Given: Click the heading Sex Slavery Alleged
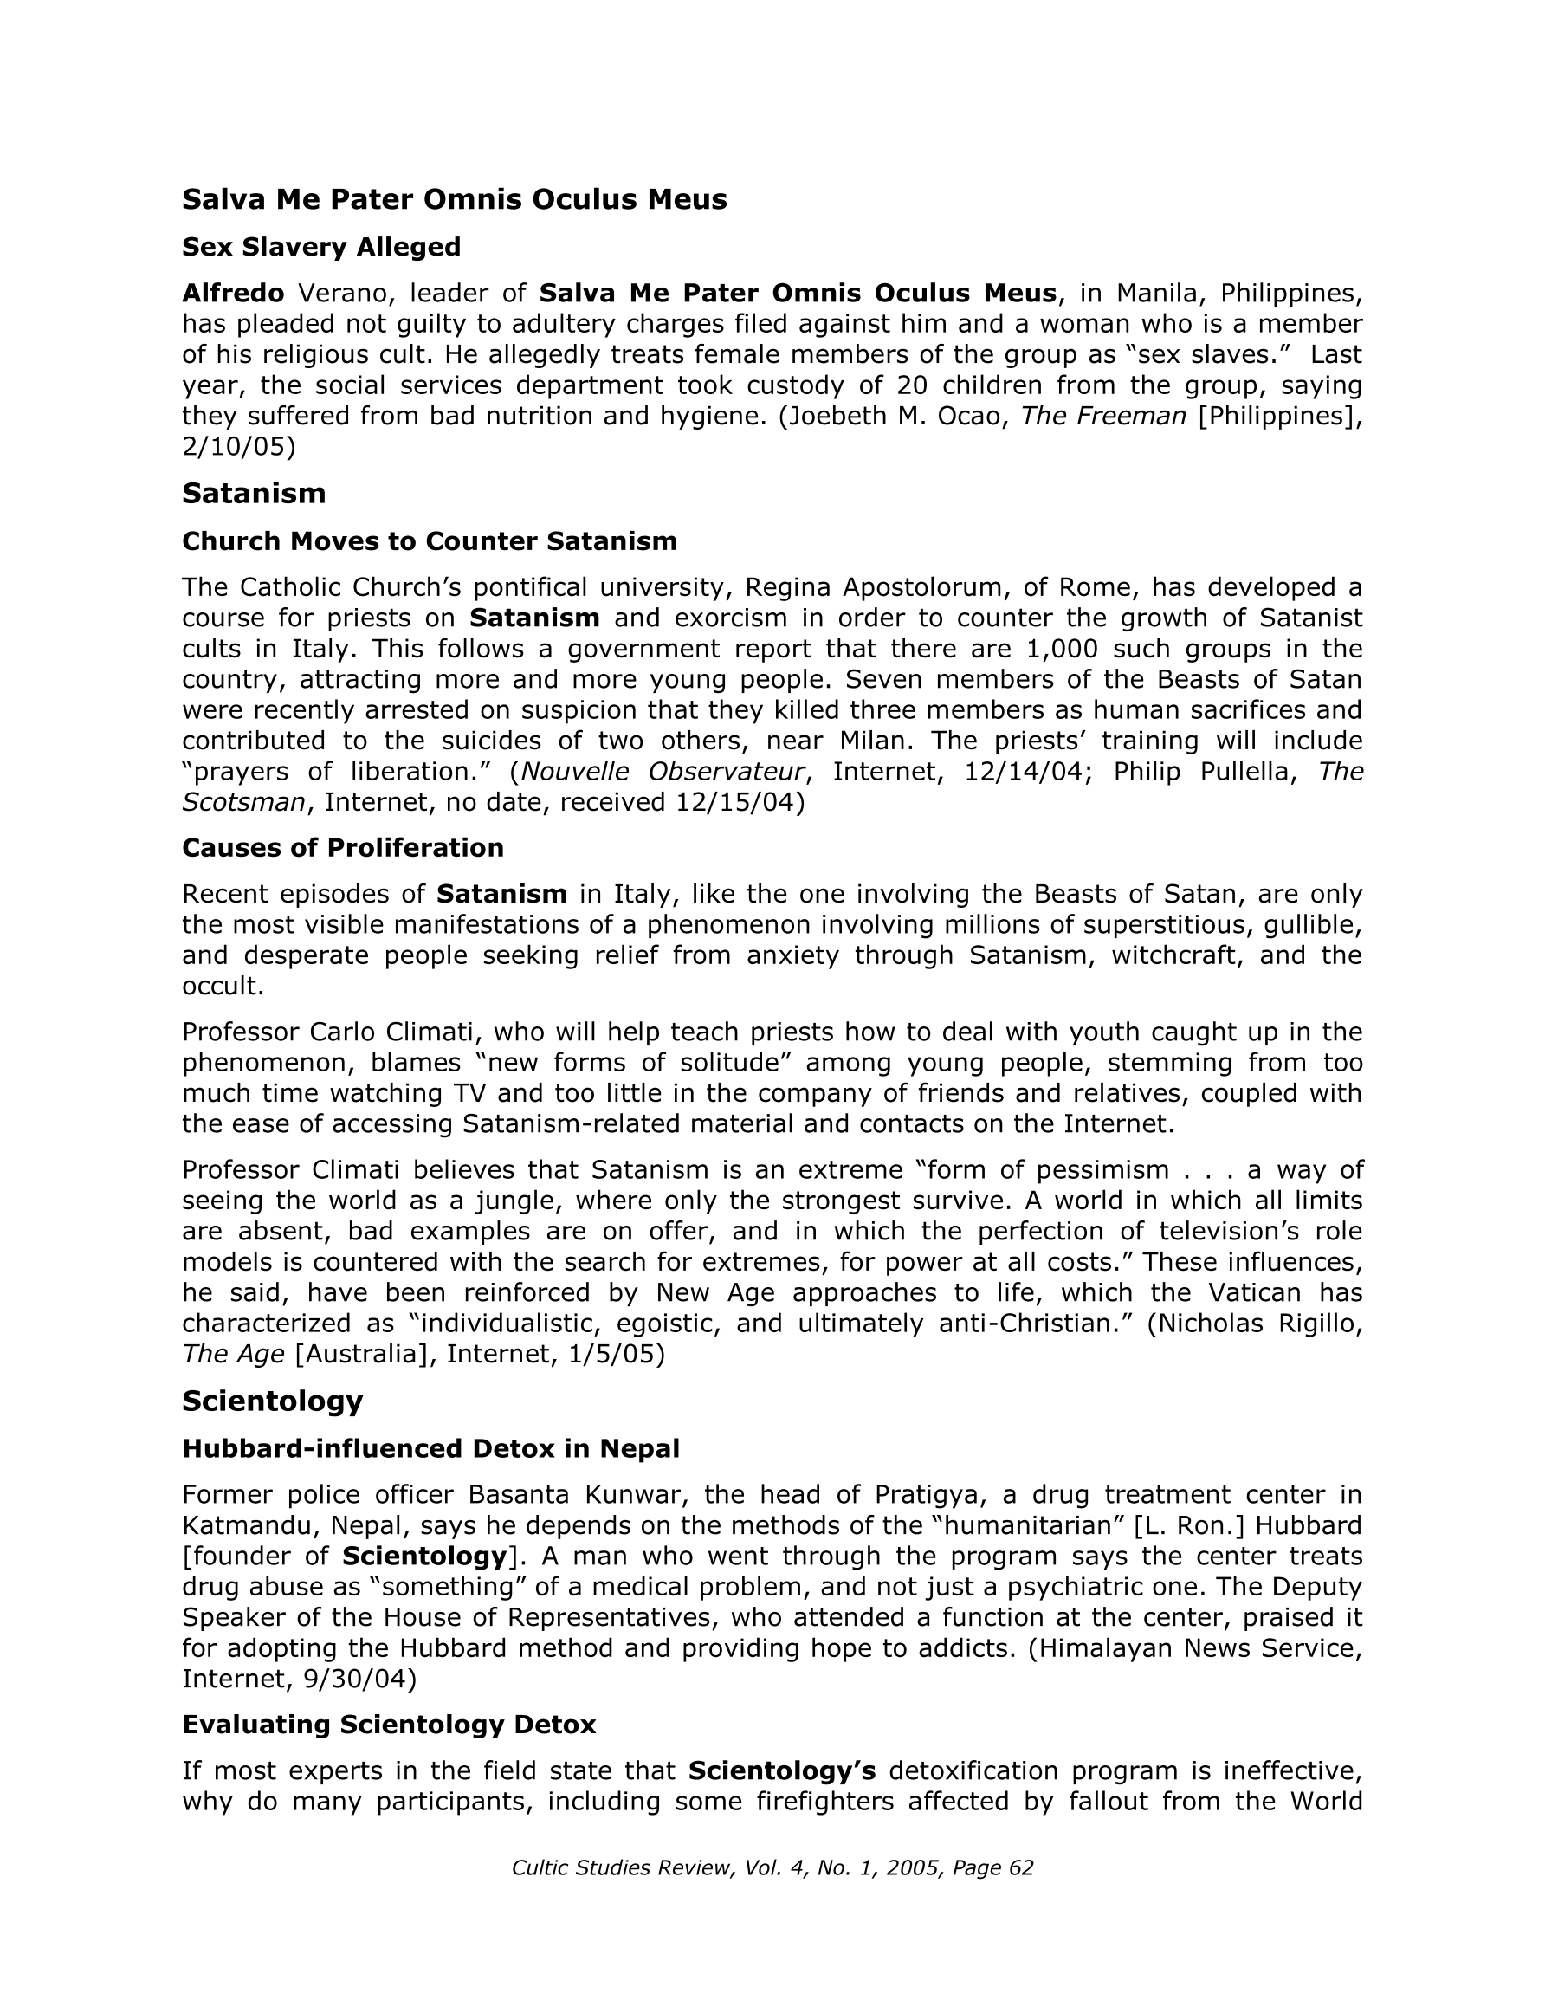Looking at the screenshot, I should (320, 247).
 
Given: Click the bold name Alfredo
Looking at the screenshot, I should (233, 293).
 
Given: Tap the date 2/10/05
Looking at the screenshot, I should (238, 447).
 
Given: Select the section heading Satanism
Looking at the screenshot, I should (254, 494).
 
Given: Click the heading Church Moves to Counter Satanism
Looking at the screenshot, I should (430, 541).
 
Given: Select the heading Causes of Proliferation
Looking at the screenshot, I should (343, 848).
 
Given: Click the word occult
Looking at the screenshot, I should (220, 987).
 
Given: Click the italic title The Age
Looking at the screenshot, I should (233, 1355).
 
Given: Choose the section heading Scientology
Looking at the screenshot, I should (272, 1401).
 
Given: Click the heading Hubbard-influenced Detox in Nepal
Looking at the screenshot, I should (430, 1449).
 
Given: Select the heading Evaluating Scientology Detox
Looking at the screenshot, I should (388, 1725).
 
